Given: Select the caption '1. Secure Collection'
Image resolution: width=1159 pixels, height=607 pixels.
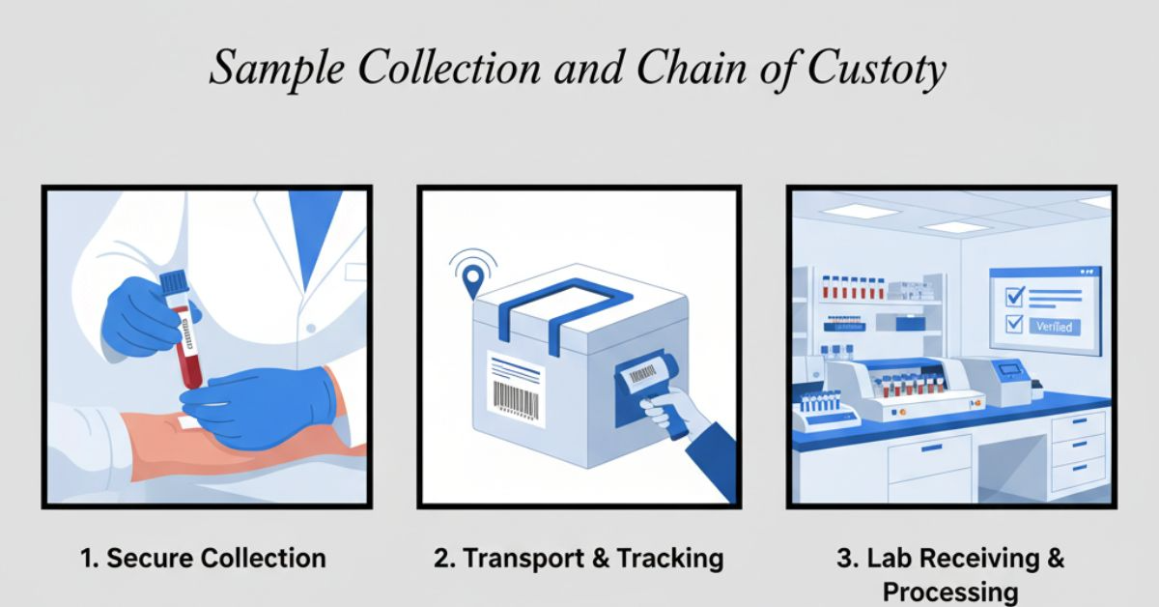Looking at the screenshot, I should pos(202,558).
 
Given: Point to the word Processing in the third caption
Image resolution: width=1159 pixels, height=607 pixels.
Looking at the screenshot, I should pos(950,591).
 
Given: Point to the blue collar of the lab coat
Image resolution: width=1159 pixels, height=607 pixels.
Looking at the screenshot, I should pos(315,227).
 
